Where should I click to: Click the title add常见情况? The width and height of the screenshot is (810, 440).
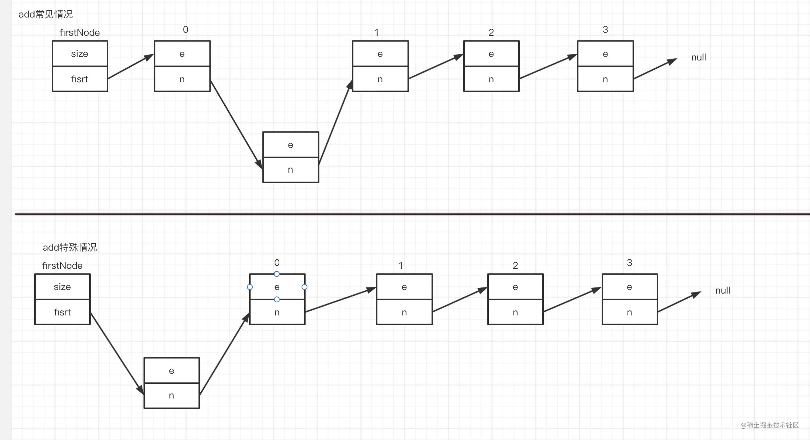pyautogui.click(x=46, y=14)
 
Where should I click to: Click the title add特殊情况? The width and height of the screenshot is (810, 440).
pyautogui.click(x=70, y=247)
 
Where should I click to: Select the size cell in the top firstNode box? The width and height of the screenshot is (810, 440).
pyautogui.click(x=80, y=54)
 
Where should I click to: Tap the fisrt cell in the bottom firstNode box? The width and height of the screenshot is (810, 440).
pyautogui.click(x=62, y=312)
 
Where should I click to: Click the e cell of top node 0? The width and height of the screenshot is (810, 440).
pyautogui.click(x=182, y=54)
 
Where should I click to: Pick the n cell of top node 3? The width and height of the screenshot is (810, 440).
pyautogui.click(x=605, y=79)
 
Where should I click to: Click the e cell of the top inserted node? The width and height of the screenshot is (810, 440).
pyautogui.click(x=291, y=145)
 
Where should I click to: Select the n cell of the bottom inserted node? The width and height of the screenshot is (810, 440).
pyautogui.click(x=172, y=396)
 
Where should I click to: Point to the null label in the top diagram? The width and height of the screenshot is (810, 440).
pyautogui.click(x=699, y=57)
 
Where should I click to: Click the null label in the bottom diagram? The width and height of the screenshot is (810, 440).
pyautogui.click(x=723, y=290)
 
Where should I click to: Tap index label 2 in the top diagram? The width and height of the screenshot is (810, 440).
pyautogui.click(x=491, y=32)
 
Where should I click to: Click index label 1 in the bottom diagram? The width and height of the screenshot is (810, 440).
pyautogui.click(x=401, y=266)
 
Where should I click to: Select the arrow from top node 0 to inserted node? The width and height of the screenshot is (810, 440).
pyautogui.click(x=236, y=125)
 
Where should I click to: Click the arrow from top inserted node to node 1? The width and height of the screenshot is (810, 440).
pyautogui.click(x=335, y=122)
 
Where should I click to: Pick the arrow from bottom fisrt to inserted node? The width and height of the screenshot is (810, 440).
pyautogui.click(x=117, y=353)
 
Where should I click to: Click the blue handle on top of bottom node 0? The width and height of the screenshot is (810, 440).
pyautogui.click(x=277, y=274)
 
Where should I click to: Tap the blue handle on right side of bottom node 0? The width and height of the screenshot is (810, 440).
pyautogui.click(x=304, y=287)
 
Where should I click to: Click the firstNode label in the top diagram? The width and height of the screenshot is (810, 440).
pyautogui.click(x=79, y=32)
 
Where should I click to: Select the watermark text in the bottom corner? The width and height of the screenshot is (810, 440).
pyautogui.click(x=769, y=425)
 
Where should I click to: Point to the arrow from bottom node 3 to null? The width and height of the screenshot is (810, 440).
pyautogui.click(x=679, y=302)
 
